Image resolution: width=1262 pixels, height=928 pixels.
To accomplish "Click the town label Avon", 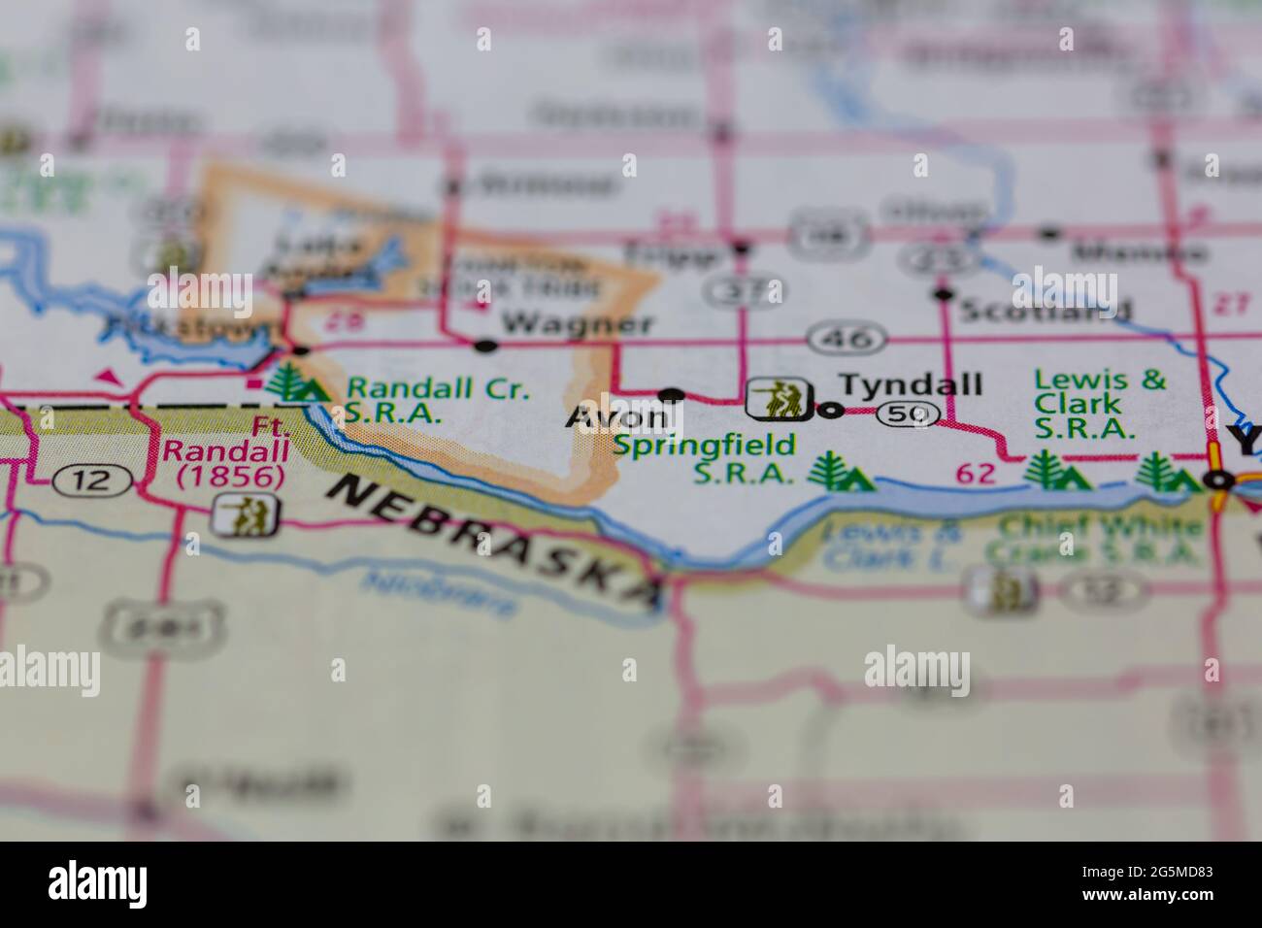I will point(617,417).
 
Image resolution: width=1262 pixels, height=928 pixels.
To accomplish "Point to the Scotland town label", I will point(1045,310).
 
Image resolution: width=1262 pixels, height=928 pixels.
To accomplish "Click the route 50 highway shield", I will point(908,414).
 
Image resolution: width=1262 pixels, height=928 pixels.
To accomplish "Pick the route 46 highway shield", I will point(847,339).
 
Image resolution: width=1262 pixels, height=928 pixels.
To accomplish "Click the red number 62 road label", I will point(976,474).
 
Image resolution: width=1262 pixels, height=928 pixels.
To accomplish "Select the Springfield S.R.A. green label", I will point(705,459).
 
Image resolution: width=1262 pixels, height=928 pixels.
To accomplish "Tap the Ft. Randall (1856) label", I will point(224,451).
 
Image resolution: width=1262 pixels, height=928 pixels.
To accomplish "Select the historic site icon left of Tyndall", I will point(778,398).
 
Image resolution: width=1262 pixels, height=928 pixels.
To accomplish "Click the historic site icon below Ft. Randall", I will point(245,516).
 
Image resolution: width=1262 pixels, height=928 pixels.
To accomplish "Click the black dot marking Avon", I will point(671,395).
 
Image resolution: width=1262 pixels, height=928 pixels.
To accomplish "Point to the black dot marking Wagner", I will point(485,345).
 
